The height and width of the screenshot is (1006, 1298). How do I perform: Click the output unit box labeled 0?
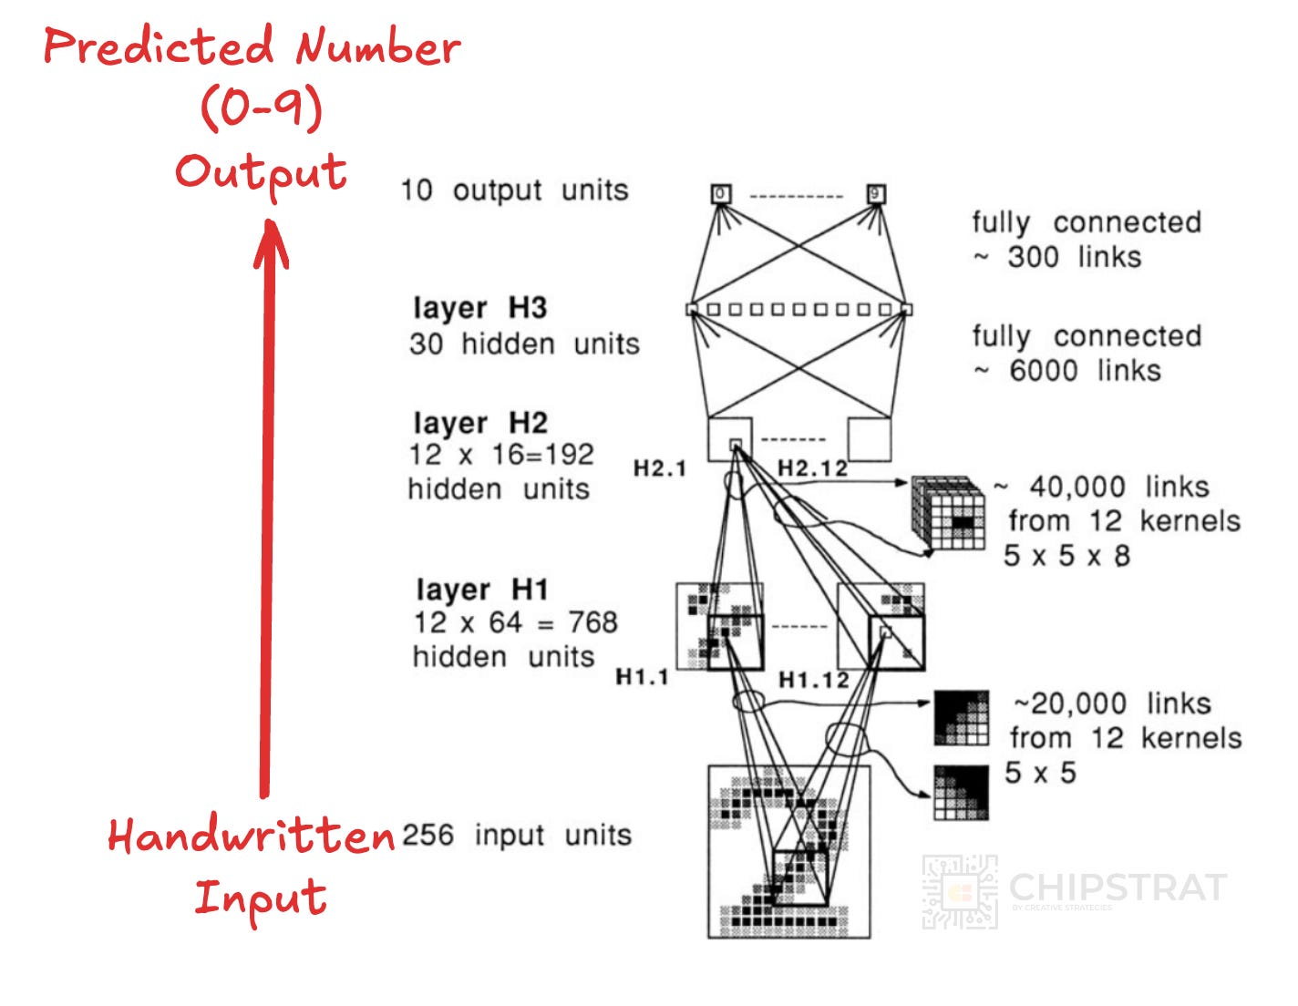721,193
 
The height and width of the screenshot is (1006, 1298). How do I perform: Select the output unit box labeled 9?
876,193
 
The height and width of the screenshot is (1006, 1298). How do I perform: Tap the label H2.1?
659,468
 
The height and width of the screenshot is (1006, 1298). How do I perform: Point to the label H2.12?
812,468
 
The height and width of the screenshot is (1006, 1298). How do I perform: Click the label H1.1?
642,677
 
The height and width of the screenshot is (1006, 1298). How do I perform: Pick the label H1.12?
813,680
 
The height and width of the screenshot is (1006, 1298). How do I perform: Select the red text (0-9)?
262,108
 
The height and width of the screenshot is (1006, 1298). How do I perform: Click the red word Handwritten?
251,836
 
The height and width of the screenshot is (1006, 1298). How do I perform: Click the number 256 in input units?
428,835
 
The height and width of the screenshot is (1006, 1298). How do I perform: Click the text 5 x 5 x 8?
1066,555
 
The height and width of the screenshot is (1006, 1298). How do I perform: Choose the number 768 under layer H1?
592,622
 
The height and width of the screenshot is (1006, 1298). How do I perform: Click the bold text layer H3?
479,308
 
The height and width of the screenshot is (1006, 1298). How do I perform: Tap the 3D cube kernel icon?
949,513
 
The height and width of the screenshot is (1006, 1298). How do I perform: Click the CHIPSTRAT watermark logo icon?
959,892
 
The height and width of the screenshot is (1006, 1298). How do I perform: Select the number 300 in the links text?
1033,257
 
